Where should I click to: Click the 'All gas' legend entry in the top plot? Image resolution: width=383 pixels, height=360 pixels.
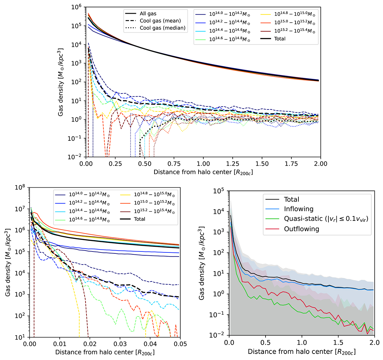(x=148, y=14)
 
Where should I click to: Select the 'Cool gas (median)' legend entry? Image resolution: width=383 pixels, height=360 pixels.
(x=162, y=28)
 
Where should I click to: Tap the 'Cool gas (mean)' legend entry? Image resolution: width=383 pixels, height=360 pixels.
(x=160, y=21)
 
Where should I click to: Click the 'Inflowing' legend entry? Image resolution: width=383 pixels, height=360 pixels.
(x=299, y=209)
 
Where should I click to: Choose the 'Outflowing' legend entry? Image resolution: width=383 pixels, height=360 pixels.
(x=301, y=229)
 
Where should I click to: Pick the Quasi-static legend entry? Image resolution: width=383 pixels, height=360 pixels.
(x=326, y=219)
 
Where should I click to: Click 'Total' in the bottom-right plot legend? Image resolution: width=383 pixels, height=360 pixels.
(x=291, y=199)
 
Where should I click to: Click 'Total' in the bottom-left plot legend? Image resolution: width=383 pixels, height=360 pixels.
(x=139, y=219)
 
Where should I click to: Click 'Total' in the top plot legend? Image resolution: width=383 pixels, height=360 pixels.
(x=280, y=39)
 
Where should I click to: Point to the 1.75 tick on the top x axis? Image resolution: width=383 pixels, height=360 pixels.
(x=291, y=164)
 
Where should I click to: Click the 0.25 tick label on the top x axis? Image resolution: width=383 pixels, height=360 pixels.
(x=115, y=164)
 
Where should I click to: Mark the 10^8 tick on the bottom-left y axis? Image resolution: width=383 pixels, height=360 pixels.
(x=20, y=187)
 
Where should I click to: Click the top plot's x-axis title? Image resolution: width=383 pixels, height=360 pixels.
(x=204, y=172)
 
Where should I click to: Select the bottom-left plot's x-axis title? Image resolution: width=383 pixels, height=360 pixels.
(x=105, y=352)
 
